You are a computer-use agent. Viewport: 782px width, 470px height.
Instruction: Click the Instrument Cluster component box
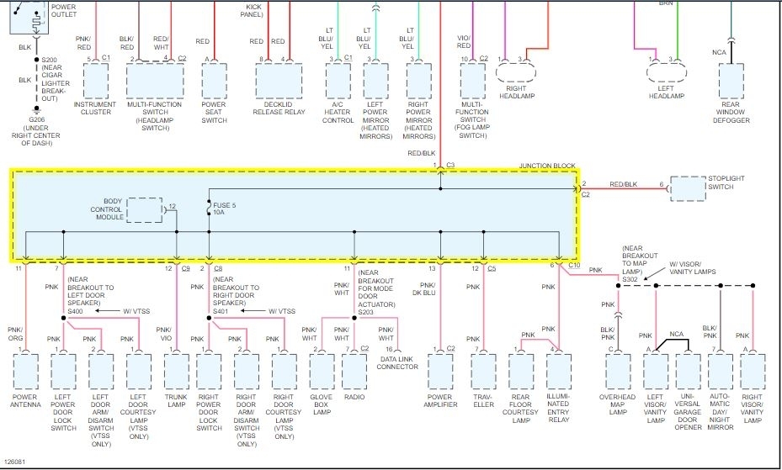click(97, 82)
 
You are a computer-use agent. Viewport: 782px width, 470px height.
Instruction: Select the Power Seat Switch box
click(215, 82)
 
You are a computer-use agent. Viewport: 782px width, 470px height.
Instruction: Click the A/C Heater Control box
click(338, 82)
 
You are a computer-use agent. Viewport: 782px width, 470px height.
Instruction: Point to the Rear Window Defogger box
click(731, 82)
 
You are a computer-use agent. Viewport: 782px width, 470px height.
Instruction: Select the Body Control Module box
click(148, 211)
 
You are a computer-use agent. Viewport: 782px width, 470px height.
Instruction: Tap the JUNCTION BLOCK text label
click(547, 166)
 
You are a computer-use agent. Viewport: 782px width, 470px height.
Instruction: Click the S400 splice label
click(75, 311)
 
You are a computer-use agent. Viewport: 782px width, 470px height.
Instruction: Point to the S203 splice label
click(366, 312)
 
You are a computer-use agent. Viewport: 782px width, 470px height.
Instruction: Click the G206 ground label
click(36, 119)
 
